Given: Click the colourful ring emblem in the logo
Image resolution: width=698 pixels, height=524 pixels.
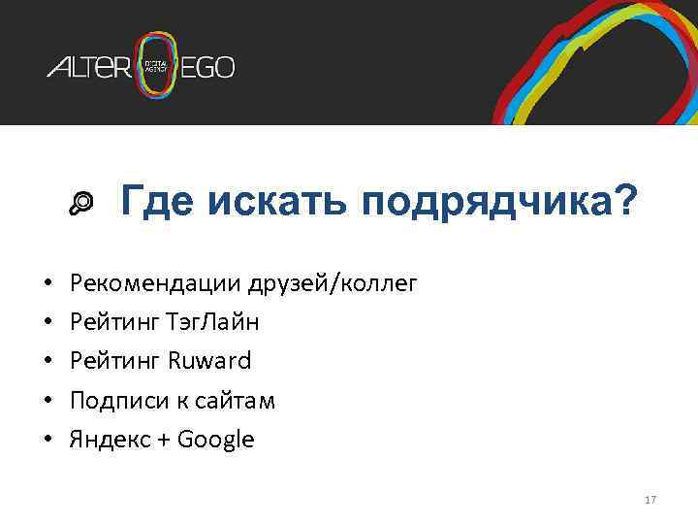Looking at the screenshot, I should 157,66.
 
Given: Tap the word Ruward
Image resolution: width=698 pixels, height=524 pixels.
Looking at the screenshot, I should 209,361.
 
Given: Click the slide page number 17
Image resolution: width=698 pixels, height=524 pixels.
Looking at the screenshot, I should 650,500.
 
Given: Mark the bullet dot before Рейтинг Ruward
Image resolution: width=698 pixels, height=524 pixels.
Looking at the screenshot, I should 48,362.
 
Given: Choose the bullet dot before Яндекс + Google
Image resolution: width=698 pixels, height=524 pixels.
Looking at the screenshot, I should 48,441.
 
